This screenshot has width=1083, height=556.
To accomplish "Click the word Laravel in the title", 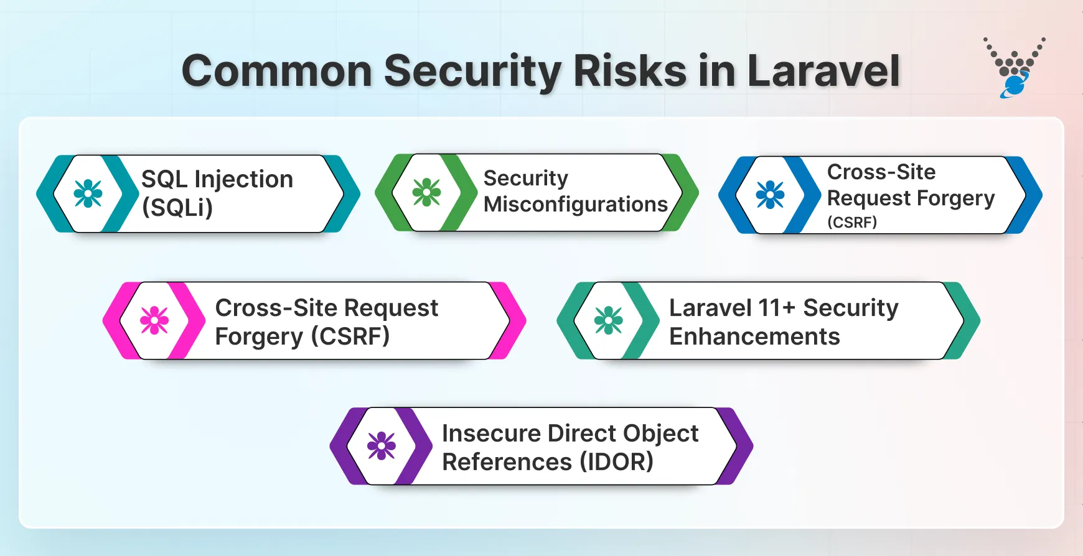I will (x=823, y=71).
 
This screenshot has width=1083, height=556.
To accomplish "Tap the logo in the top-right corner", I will (x=1015, y=68).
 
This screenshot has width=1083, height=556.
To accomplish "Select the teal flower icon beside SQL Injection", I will (x=88, y=193).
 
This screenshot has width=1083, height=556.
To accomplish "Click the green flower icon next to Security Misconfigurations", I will (x=426, y=192).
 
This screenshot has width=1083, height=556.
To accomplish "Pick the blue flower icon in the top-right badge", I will (x=770, y=195).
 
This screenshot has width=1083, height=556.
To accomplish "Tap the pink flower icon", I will (x=154, y=320).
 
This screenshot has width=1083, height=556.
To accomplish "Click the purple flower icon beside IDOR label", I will (x=381, y=446).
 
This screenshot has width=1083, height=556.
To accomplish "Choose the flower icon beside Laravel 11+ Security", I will (x=608, y=320).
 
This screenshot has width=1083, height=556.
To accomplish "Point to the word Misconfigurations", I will (x=575, y=204).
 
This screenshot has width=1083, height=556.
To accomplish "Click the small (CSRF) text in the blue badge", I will (x=851, y=222).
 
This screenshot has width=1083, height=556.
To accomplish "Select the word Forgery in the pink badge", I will (x=259, y=337).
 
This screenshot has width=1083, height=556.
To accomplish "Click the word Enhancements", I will (x=754, y=336).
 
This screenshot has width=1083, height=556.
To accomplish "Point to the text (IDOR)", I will (x=616, y=462).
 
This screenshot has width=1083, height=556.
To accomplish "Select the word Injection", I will (x=243, y=180).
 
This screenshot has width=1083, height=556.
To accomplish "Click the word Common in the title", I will (x=277, y=71).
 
